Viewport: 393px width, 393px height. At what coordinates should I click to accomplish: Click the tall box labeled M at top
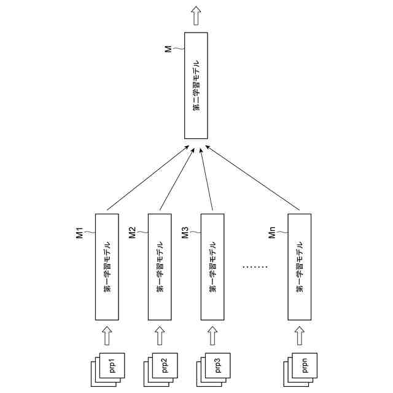196,85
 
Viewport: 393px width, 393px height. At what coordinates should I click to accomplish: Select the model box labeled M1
107,266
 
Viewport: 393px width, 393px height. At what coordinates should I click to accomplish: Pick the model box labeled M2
160,266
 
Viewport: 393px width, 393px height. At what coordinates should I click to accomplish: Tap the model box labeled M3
212,266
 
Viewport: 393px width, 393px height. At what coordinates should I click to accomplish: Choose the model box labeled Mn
300,266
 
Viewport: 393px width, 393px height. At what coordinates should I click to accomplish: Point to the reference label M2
132,233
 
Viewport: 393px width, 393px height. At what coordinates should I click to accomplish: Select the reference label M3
185,233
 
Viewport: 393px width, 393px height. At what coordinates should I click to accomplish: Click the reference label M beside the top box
168,49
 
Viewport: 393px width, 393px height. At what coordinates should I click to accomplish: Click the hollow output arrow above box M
196,15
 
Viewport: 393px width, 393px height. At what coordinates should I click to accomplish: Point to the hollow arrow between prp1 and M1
107,336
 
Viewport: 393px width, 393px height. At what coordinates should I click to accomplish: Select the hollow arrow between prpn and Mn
300,336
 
